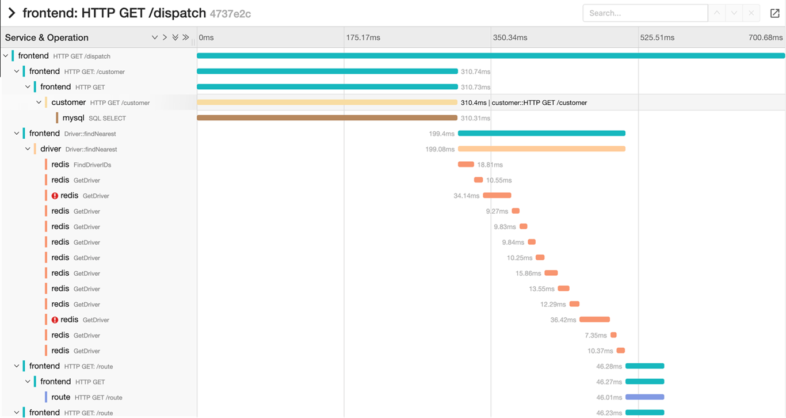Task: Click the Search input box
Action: point(644,13)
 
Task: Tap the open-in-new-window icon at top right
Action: point(774,13)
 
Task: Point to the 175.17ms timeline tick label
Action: point(363,38)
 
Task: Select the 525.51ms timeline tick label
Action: point(657,38)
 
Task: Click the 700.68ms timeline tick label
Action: point(765,38)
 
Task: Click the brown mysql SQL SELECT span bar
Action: point(327,118)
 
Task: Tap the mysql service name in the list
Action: point(73,118)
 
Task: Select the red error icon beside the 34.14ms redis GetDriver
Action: point(55,196)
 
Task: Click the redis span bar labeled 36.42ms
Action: point(594,320)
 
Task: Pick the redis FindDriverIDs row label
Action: point(81,165)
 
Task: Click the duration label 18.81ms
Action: point(490,165)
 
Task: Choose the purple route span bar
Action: point(644,397)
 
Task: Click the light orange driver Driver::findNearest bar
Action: point(541,149)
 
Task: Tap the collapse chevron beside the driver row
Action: point(28,149)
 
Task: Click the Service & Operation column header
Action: point(47,38)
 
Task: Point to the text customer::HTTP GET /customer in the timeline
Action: point(539,102)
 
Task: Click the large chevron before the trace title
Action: point(11,13)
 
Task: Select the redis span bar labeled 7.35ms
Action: point(613,335)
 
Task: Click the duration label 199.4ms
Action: point(441,134)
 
